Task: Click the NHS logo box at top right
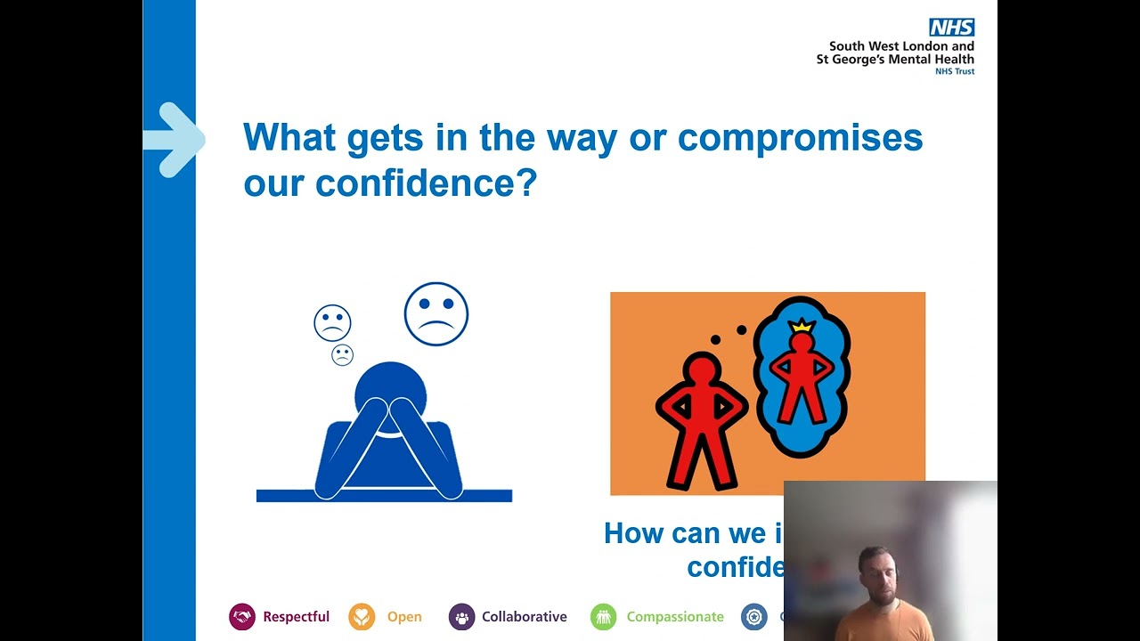(x=951, y=28)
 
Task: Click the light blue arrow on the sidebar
(x=175, y=140)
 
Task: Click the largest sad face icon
(x=436, y=313)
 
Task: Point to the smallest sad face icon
(x=342, y=355)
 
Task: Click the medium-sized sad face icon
(x=332, y=323)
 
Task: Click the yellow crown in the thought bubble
(x=802, y=326)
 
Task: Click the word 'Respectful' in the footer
(x=296, y=617)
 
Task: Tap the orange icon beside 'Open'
(x=362, y=617)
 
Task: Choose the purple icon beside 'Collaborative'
(x=461, y=617)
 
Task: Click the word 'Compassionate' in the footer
(x=675, y=617)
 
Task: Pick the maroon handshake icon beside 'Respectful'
(x=242, y=617)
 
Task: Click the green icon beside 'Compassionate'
(x=603, y=617)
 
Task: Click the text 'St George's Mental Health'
(x=895, y=60)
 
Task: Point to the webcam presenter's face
(x=875, y=575)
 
